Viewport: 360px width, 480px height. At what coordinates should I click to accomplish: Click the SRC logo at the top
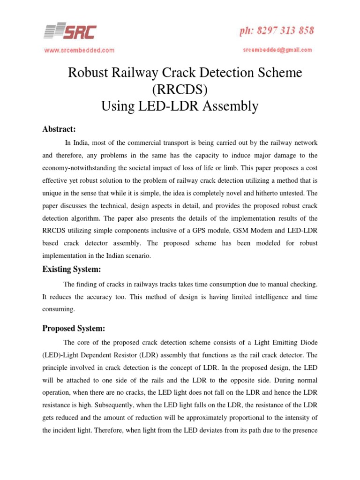(x=70, y=32)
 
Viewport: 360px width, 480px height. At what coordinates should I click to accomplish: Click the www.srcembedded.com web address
(x=79, y=50)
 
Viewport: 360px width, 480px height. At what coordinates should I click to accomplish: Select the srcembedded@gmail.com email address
(x=277, y=49)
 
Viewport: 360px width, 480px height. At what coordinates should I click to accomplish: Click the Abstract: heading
(x=59, y=129)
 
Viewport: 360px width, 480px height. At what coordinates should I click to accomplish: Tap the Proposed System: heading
(x=74, y=328)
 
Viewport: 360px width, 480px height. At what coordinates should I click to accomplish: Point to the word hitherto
(x=275, y=193)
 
